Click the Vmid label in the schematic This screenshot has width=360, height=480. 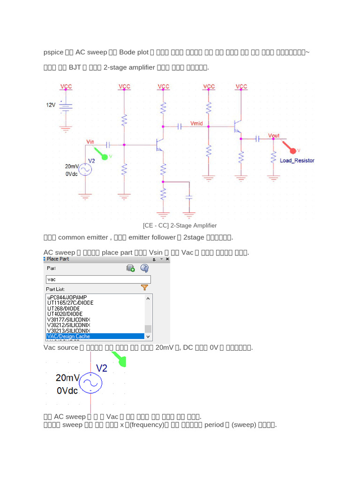coord(197,123)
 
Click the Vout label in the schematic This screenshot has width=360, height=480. coord(274,135)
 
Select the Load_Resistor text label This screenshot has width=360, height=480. coord(297,160)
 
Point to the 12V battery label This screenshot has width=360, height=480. coord(51,105)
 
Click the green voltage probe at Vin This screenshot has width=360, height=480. coord(104,157)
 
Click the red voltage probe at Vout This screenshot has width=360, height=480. coord(293,150)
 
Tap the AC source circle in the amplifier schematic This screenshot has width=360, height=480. coord(85,169)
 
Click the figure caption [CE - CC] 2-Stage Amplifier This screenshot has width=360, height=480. coord(180,225)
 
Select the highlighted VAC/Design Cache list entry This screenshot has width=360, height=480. coord(95,336)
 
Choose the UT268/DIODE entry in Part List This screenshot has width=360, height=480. coord(64,308)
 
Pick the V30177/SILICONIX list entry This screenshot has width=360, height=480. coord(68,320)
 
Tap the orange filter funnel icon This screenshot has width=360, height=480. coord(144,288)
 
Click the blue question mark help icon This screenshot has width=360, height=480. coord(144,268)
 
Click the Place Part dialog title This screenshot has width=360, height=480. coord(58,259)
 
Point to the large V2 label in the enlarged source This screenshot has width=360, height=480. coord(102,368)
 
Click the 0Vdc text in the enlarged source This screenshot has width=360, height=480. coord(67,390)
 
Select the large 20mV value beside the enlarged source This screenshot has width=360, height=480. coord(68,378)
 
